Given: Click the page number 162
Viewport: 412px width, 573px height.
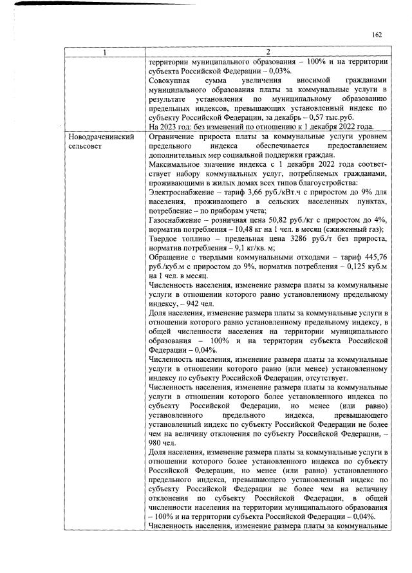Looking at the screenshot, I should [x=378, y=35].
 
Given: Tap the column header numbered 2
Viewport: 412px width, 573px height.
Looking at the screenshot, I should [x=268, y=52].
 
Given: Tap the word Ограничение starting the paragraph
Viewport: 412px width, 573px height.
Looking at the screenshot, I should [x=172, y=138].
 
